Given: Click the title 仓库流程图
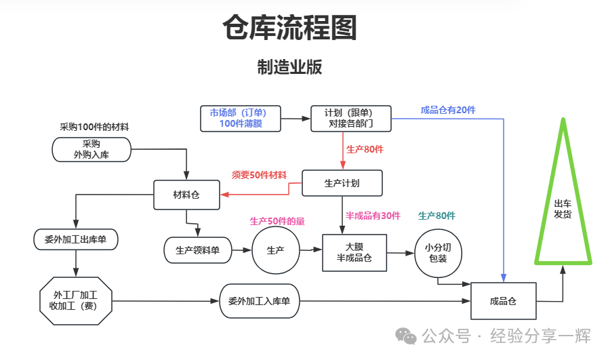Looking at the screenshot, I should tap(289, 28).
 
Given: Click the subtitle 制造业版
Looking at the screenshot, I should tap(289, 67).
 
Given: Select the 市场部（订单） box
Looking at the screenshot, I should tap(241, 119).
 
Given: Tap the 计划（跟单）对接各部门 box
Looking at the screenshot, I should tap(350, 119).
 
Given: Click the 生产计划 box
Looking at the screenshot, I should tap(342, 183).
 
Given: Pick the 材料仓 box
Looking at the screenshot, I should tap(186, 195).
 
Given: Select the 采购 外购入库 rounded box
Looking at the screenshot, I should tap(91, 149).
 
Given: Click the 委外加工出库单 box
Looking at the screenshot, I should tap(75, 239).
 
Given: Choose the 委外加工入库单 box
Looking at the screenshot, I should tap(259, 301).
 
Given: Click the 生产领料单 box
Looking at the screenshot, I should tap(197, 250).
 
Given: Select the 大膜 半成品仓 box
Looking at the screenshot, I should tap(354, 253).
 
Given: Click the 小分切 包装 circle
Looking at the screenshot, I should tap(438, 253).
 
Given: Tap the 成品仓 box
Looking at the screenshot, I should tap(503, 301).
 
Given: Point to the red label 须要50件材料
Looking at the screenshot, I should tap(259, 175).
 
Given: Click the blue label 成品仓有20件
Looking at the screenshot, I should tap(448, 111).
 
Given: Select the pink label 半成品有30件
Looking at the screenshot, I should tap(373, 216).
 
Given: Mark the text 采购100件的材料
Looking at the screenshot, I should tap(94, 127).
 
